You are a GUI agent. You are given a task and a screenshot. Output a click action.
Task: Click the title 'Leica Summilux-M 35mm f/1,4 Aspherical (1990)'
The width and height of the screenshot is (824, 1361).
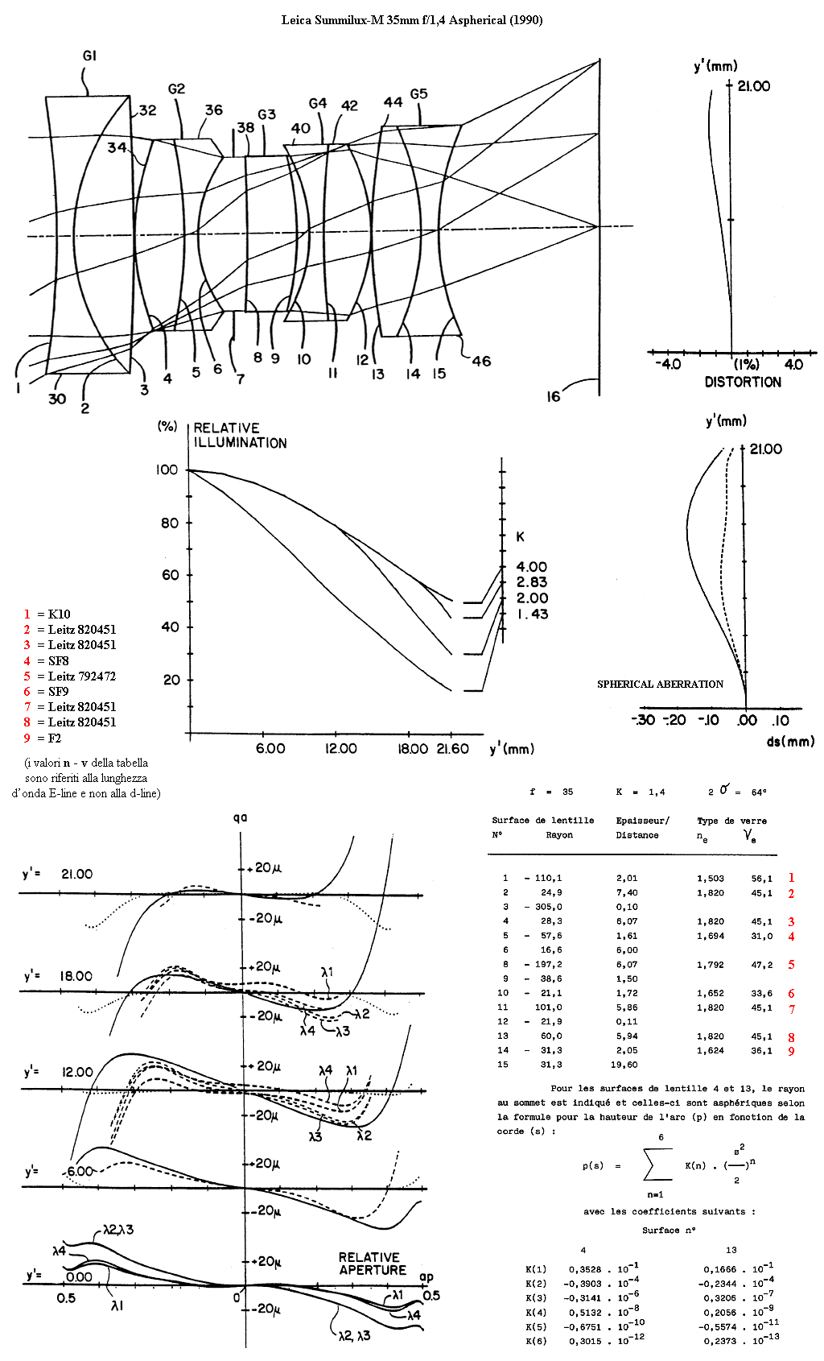[x=412, y=20]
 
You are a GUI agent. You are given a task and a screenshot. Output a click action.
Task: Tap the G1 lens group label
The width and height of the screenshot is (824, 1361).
[x=89, y=56]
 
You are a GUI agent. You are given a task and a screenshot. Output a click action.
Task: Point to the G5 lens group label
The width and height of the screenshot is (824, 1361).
[x=419, y=94]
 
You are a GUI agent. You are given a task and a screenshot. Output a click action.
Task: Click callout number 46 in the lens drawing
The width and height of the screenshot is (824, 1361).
[x=481, y=361]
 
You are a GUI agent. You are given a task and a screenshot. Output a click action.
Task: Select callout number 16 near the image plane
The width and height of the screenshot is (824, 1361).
[x=553, y=397]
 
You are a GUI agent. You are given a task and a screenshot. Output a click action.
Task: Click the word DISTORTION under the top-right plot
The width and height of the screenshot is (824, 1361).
[x=743, y=383]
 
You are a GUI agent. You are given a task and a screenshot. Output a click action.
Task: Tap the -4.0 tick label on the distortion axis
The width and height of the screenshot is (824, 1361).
[x=667, y=365]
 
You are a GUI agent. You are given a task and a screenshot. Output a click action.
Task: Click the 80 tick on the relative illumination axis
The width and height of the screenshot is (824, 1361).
[x=170, y=523]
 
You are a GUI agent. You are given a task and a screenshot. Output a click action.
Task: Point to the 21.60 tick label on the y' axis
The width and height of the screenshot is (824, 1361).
[x=452, y=749]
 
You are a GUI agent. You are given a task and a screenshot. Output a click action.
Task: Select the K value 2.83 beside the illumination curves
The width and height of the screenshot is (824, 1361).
[x=532, y=582]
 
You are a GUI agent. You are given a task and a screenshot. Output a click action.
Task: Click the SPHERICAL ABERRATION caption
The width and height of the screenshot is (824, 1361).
[x=660, y=685]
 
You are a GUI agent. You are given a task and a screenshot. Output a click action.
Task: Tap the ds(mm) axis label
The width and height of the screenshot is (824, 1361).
[x=790, y=741]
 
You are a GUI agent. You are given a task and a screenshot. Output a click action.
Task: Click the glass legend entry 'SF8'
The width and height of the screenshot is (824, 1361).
[x=58, y=660]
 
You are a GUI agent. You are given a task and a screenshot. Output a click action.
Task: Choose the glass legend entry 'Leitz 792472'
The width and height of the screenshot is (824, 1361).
[x=82, y=676]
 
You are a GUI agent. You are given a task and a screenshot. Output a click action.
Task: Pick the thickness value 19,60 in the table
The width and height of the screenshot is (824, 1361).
[x=624, y=1065]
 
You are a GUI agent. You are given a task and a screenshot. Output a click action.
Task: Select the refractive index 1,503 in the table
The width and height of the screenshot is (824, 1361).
[x=711, y=878]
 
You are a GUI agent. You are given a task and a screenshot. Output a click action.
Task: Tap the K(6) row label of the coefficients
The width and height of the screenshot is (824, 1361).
[x=536, y=1341]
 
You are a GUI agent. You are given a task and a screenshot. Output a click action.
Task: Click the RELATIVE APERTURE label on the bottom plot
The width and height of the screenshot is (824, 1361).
[x=373, y=1264]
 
